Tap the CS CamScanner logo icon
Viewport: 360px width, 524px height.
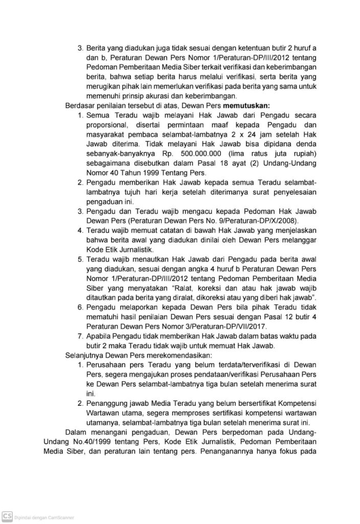coord(7,516)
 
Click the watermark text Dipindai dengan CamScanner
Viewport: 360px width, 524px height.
coord(44,517)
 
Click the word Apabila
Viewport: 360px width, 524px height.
coord(101,337)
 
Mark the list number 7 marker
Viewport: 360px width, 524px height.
coord(80,337)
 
